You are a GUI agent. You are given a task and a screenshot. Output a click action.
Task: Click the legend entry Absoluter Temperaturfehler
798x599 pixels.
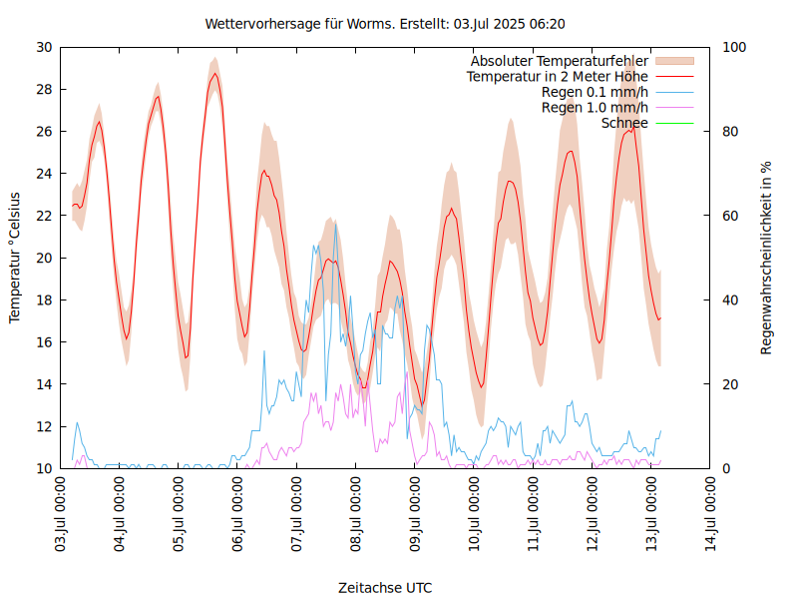[559, 62]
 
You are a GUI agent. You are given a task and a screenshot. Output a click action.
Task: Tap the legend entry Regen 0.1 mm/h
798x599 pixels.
[595, 92]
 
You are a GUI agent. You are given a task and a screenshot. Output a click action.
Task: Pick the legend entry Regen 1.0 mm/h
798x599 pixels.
[595, 107]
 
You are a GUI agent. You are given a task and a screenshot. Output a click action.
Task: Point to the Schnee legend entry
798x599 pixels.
[624, 122]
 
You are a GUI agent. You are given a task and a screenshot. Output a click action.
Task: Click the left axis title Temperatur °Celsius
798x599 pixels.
[15, 257]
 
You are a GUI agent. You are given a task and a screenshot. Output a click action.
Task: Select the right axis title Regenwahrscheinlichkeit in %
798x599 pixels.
[767, 258]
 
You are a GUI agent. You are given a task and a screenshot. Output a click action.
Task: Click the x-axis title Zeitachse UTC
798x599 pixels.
[385, 587]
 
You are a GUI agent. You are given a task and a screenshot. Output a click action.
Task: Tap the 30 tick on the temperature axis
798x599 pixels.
[44, 47]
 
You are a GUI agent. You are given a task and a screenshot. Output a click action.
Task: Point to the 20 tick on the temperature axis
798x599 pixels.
[44, 258]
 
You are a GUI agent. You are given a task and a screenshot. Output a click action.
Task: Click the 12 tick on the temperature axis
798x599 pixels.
[44, 426]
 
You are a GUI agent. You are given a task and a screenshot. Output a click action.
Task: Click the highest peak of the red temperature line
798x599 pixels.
[214, 73]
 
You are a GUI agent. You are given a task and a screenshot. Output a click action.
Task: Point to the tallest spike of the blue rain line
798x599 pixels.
[335, 224]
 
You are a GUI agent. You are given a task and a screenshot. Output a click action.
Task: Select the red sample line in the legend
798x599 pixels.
[674, 77]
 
